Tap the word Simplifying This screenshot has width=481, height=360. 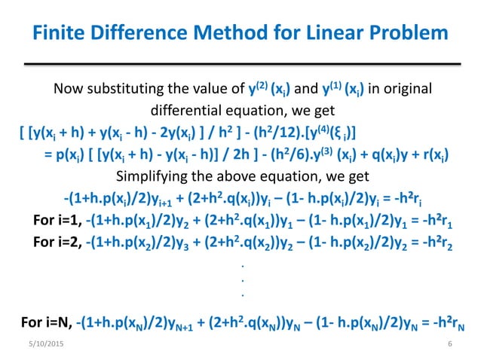tap(155, 178)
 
